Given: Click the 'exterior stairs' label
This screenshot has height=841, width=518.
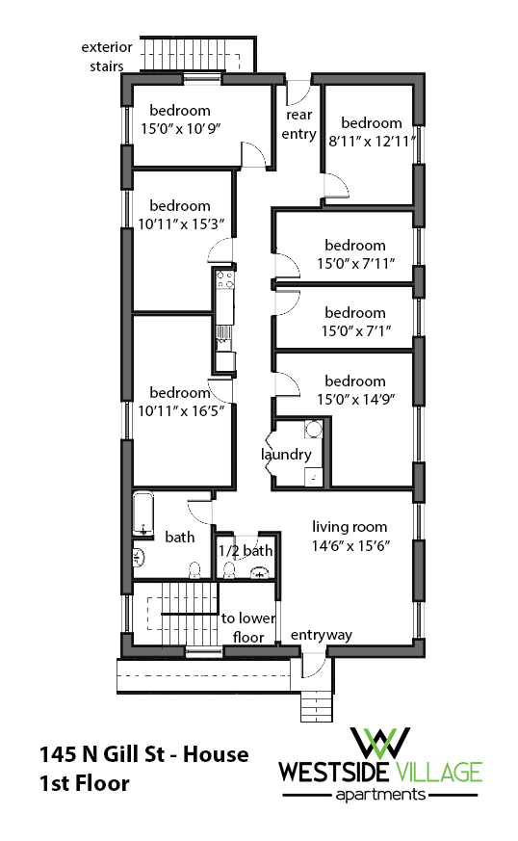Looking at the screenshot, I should click(x=102, y=56).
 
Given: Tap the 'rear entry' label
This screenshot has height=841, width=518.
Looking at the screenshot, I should click(x=298, y=124).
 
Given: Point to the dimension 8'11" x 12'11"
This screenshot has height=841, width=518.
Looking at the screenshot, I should click(x=372, y=141).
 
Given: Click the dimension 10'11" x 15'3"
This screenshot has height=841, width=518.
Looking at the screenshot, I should click(x=180, y=223).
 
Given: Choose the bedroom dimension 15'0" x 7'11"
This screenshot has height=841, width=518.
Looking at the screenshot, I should click(x=355, y=263).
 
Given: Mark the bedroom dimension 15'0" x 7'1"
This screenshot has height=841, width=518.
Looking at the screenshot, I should click(x=355, y=330).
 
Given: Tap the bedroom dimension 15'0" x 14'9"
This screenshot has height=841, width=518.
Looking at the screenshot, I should click(x=355, y=399).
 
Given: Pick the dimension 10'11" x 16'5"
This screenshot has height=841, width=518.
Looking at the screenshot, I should click(x=180, y=411).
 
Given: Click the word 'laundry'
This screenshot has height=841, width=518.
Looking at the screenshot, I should click(x=286, y=455).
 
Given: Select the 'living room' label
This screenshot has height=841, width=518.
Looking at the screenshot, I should click(x=350, y=526).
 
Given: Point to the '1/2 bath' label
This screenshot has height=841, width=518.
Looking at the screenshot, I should click(x=246, y=550).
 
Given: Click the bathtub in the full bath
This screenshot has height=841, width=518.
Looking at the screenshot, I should click(x=143, y=514).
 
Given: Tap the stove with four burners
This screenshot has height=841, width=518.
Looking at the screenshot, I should click(x=225, y=280).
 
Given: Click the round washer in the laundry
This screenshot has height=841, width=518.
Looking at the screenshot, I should click(x=313, y=432).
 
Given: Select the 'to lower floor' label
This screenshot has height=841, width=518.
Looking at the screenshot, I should click(x=243, y=627).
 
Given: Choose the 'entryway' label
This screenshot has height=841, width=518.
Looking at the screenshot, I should click(x=321, y=635).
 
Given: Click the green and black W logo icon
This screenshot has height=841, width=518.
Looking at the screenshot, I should click(x=380, y=742).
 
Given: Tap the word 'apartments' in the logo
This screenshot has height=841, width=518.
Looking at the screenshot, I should click(x=380, y=795).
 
